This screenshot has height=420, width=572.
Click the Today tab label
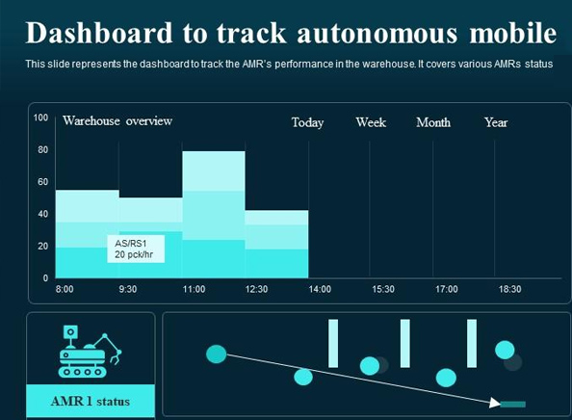307,122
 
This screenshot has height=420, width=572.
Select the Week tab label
371,122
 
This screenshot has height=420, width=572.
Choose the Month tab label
433,122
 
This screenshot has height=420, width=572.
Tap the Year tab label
496,122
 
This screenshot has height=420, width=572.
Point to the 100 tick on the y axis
40,118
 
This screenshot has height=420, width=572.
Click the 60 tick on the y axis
42,182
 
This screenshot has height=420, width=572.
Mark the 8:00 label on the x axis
65,289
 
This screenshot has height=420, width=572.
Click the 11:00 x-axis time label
195,289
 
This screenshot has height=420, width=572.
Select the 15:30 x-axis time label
382,289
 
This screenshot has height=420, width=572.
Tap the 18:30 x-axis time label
509,289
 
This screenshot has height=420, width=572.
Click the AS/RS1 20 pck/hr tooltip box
135,249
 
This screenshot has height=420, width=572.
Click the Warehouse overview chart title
117,121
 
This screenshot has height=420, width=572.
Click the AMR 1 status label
90,401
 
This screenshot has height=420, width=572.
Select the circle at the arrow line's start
217,354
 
